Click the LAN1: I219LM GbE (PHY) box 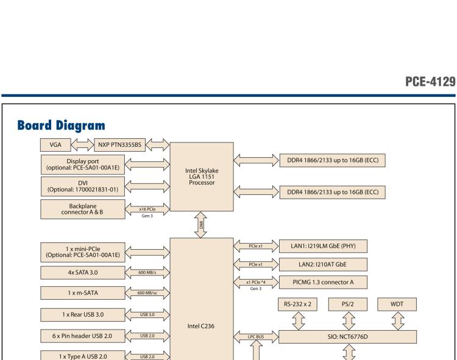(323, 245)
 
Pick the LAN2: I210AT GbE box (323, 264)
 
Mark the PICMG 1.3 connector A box (323, 281)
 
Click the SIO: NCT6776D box (347, 336)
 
